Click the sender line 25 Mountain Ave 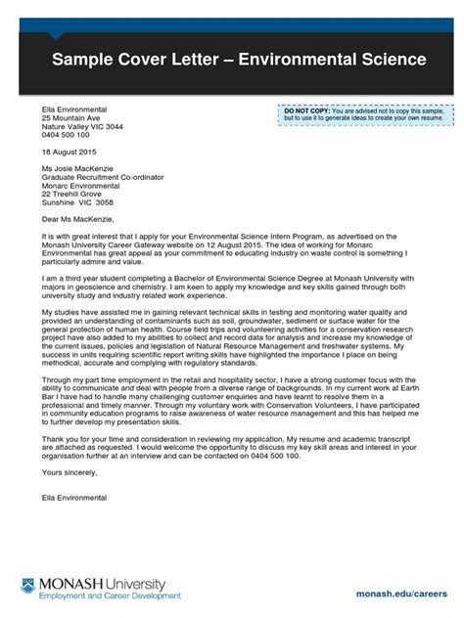(71, 118)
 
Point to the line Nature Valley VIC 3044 (83, 127)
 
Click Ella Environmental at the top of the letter (74, 110)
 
